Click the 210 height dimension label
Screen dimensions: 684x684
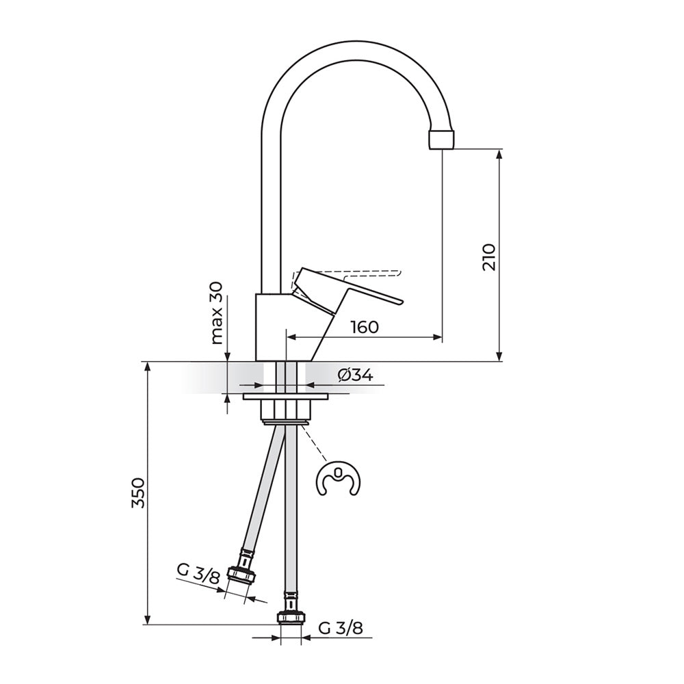(x=490, y=257)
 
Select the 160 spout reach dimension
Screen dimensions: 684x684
(x=365, y=327)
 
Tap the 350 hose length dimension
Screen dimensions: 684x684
(x=138, y=493)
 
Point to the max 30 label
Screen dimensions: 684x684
(x=217, y=313)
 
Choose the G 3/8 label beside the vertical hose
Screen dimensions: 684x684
(x=340, y=628)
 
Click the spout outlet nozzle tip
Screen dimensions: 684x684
(x=442, y=139)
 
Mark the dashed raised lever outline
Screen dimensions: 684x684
(x=349, y=276)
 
